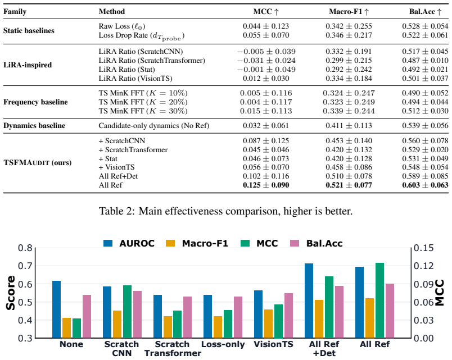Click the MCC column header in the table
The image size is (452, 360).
click(266, 12)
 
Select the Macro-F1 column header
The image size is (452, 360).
click(349, 12)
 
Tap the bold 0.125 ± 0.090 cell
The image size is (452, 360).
click(266, 185)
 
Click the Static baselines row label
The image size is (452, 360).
click(29, 30)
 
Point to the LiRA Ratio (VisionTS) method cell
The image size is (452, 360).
click(135, 78)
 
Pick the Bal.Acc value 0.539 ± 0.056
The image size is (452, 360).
click(425, 126)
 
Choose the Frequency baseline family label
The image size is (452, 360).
click(35, 102)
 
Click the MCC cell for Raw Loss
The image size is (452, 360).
click(266, 26)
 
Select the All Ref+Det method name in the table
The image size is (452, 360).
click(118, 176)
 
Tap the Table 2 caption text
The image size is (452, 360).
click(225, 211)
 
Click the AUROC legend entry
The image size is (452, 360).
click(129, 243)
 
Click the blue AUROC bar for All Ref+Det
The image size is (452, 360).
click(309, 300)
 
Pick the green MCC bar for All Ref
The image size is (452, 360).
click(379, 300)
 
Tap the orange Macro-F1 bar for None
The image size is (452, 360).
click(66, 328)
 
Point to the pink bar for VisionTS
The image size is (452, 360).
click(288, 316)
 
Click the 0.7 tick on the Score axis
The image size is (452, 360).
click(25, 266)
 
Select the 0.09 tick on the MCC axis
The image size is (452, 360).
click(423, 284)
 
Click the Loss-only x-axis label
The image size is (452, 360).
click(223, 344)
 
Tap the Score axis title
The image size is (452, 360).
click(11, 293)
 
